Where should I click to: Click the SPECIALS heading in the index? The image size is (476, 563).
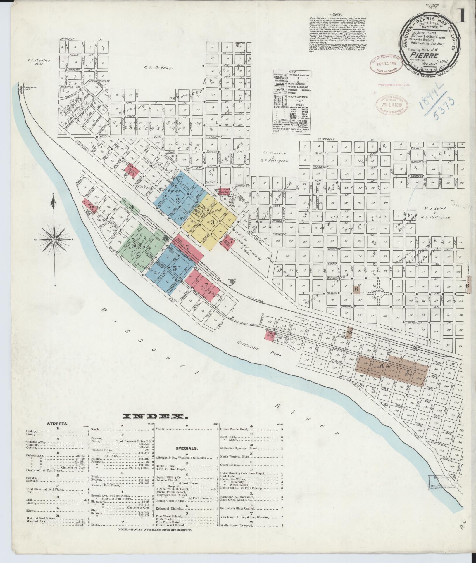[x=187, y=456]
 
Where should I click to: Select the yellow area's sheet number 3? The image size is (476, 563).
[x=212, y=222]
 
